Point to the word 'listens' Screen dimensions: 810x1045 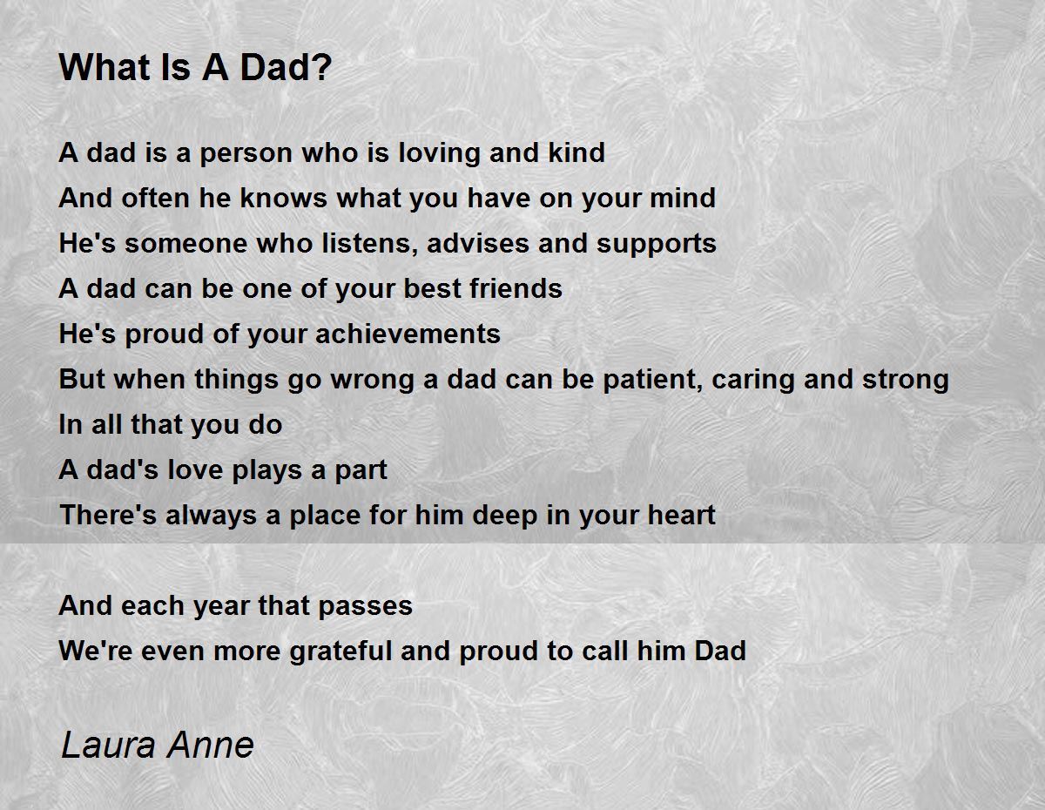pyautogui.click(x=355, y=244)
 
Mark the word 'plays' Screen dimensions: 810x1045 pyautogui.click(x=269, y=470)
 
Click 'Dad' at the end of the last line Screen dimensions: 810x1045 pyautogui.click(x=719, y=651)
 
